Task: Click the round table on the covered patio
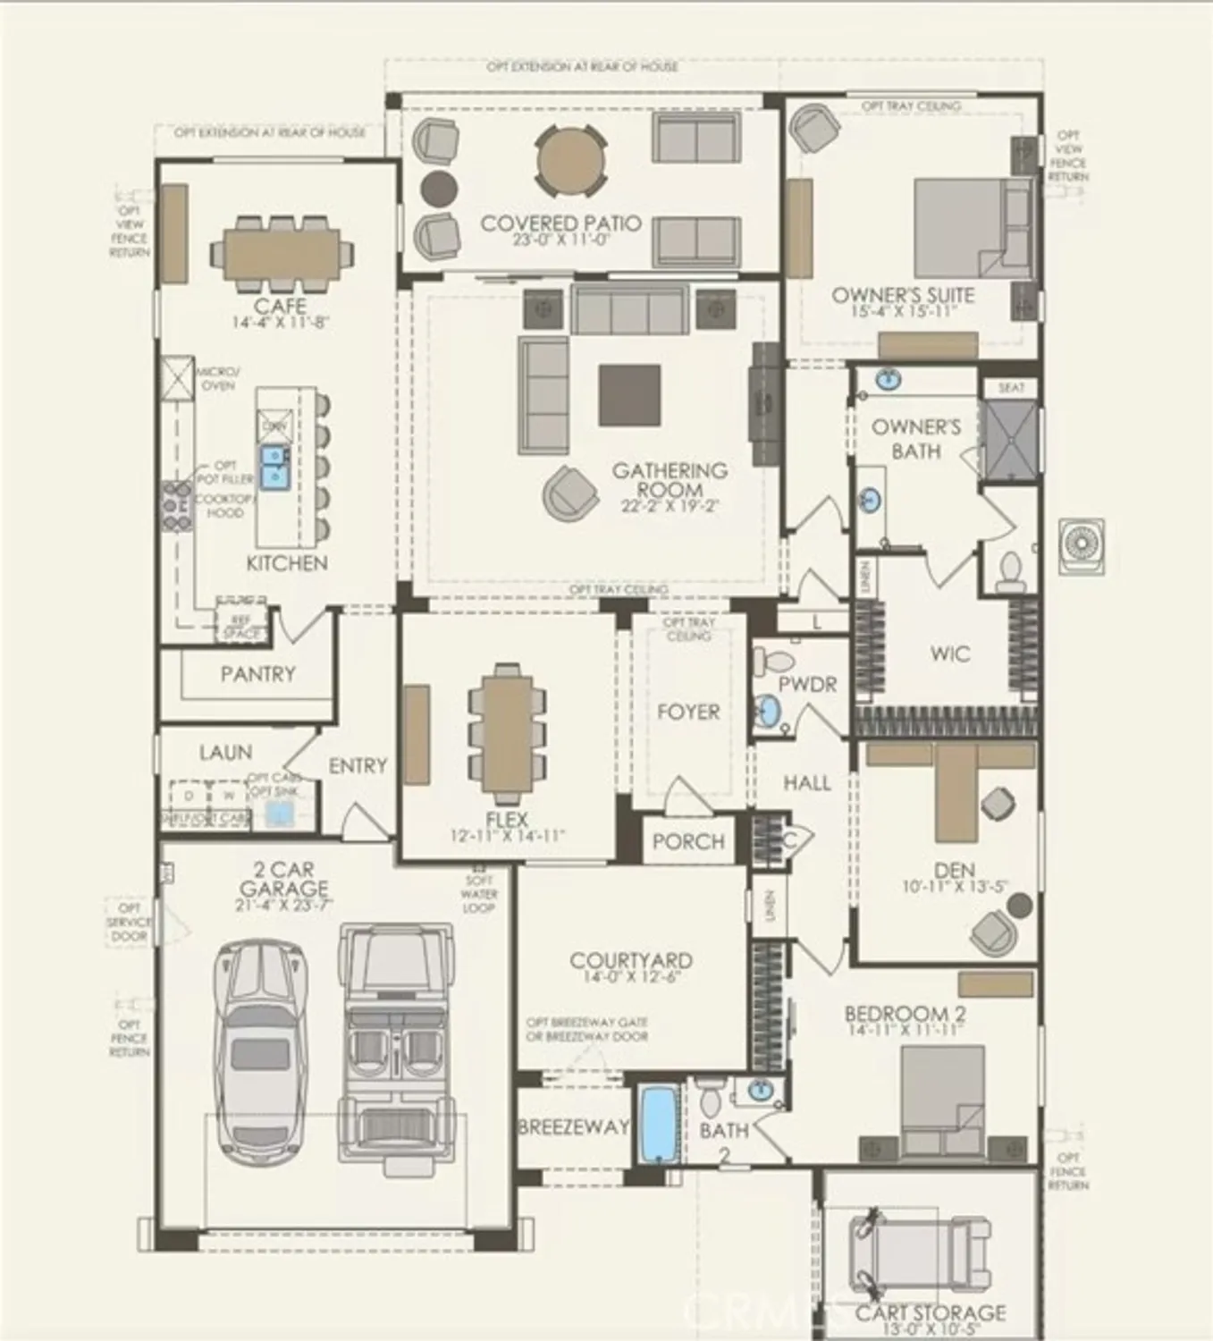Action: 570,162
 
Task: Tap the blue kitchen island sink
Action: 274,467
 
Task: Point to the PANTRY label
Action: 257,674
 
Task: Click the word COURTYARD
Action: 631,961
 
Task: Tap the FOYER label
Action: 687,713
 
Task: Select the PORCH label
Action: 687,842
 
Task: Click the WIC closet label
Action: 949,654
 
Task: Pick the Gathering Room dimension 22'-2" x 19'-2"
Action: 670,506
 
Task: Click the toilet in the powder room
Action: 774,662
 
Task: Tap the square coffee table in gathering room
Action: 629,394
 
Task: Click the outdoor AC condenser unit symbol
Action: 1081,544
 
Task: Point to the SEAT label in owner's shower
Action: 1010,388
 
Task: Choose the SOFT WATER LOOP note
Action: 480,894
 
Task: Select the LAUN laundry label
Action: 225,753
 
